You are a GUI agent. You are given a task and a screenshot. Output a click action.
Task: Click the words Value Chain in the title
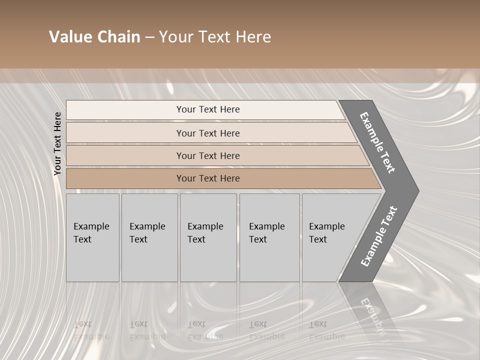point(94,37)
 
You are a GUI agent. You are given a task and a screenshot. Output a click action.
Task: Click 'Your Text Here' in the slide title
point(215,37)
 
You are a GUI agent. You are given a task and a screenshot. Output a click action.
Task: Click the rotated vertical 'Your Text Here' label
point(57,143)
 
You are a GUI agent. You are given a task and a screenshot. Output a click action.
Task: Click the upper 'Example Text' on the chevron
point(377,142)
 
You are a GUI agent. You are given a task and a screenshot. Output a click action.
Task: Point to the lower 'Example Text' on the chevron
point(378,236)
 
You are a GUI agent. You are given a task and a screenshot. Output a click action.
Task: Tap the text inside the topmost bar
point(208,109)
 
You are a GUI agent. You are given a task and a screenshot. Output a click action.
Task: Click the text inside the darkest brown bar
point(208,178)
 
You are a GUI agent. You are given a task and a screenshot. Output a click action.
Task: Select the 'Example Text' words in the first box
point(91,232)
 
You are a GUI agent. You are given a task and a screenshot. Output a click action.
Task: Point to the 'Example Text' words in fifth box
point(326,232)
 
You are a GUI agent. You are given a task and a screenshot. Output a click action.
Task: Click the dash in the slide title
point(149,37)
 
